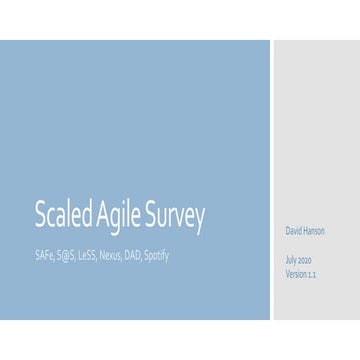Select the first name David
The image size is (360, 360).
point(295,232)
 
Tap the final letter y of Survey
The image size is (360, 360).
point(200,218)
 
